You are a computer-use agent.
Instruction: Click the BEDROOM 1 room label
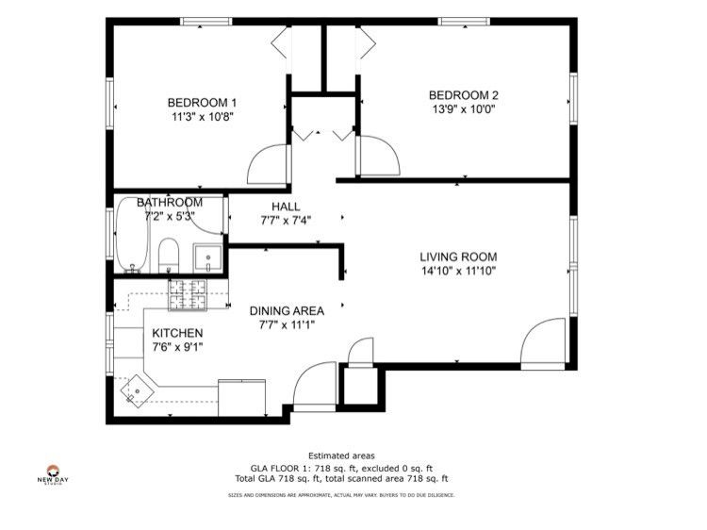(x=202, y=103)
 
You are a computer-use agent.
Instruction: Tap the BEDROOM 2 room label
(x=463, y=95)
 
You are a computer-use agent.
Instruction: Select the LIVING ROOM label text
(x=458, y=257)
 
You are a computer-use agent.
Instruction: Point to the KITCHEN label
(x=177, y=333)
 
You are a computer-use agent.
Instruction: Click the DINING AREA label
(x=287, y=310)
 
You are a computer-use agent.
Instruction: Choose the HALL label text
(x=285, y=207)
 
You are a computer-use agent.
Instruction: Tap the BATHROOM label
(x=170, y=203)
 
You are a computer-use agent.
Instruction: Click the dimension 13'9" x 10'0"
(x=463, y=109)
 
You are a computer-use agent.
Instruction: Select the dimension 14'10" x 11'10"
(x=458, y=271)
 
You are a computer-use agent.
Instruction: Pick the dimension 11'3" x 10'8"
(x=202, y=118)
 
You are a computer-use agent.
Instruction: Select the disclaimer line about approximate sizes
(x=343, y=494)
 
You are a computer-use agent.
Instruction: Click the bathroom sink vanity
(x=207, y=257)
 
